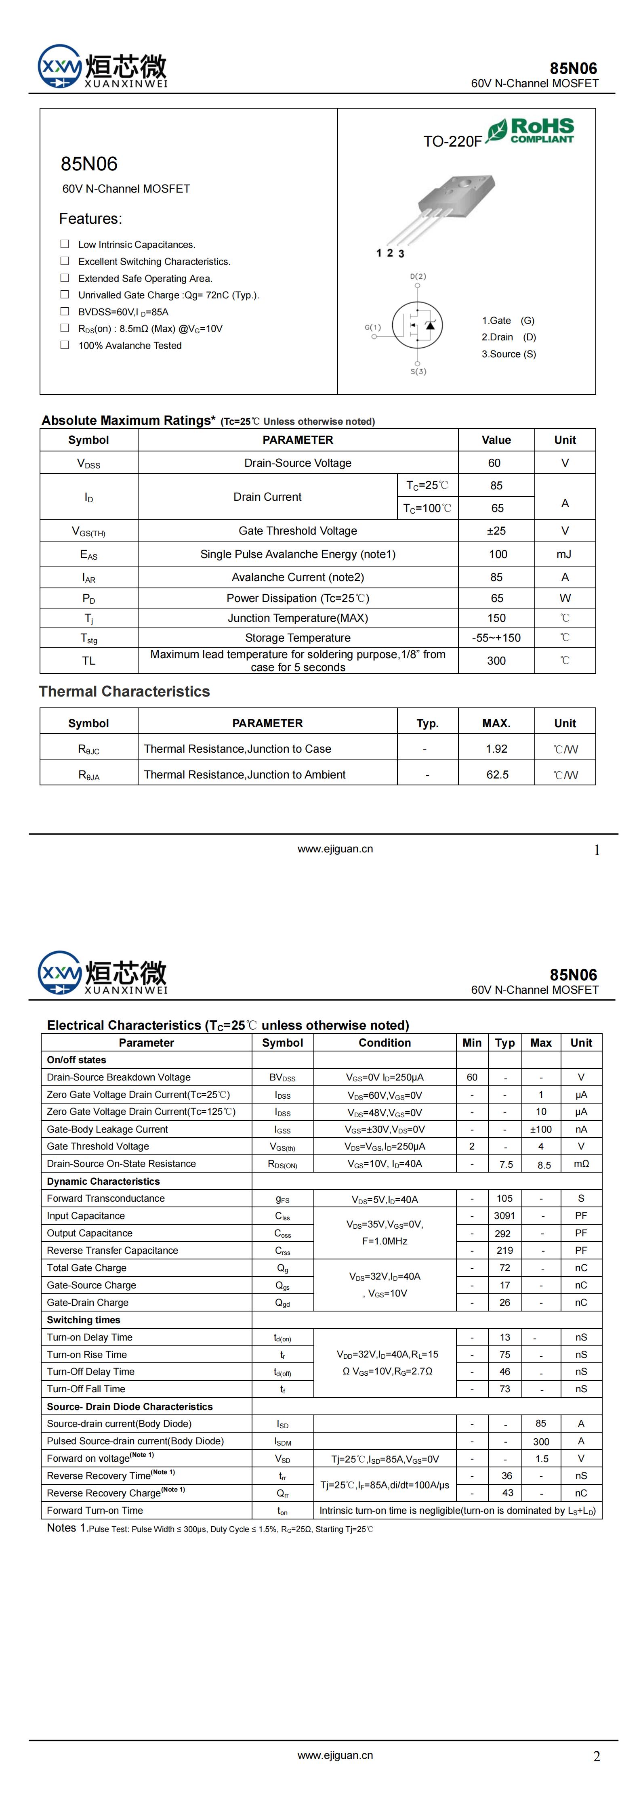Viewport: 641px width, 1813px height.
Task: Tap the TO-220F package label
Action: point(452,141)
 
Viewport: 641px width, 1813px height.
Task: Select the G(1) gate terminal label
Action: point(373,327)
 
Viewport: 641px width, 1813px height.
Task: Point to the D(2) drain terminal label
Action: point(418,277)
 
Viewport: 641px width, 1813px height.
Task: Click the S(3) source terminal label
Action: point(418,371)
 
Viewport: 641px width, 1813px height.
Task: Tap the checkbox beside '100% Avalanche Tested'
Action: point(65,345)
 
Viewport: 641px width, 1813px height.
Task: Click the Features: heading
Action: point(90,219)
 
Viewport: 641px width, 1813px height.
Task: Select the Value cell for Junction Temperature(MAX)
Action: point(496,618)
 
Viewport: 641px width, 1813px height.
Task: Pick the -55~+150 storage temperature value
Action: point(496,638)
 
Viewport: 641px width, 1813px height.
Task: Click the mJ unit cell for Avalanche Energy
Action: point(564,554)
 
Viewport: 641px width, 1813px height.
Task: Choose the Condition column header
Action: point(385,1042)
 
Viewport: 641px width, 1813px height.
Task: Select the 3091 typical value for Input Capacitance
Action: point(504,1215)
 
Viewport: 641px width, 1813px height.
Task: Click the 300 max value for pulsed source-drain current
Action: point(541,1441)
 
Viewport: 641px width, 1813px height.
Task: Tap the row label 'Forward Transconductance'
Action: point(106,1198)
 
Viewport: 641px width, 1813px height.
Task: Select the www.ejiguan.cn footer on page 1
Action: point(335,849)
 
